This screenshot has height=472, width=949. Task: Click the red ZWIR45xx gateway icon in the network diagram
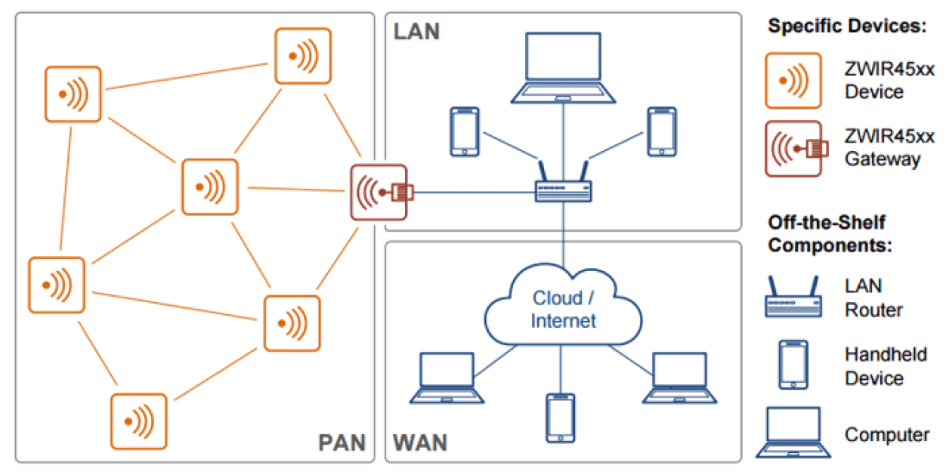click(x=379, y=192)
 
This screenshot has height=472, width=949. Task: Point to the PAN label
click(x=342, y=442)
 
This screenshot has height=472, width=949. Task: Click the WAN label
click(x=420, y=442)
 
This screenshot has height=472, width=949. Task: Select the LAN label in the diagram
click(x=416, y=32)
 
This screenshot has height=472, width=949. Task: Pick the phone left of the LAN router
click(x=464, y=132)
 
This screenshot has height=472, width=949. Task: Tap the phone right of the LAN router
click(x=662, y=132)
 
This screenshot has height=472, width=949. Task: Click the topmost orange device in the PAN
click(x=303, y=56)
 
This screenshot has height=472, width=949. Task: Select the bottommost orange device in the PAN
click(x=139, y=421)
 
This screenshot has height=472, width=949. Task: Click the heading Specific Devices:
click(x=847, y=26)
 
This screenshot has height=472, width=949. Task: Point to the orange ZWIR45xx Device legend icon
click(x=793, y=81)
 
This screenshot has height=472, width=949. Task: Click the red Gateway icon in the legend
click(x=793, y=149)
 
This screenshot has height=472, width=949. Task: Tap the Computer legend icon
click(x=793, y=433)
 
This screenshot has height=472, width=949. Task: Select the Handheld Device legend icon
click(x=793, y=365)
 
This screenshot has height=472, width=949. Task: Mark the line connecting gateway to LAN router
click(x=472, y=192)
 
